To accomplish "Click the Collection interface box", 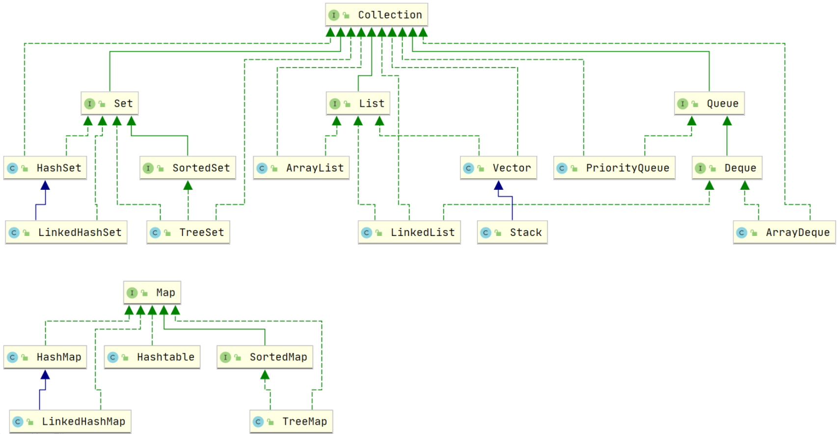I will tap(376, 15).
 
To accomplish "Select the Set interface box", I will tap(109, 103).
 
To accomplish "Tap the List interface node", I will tap(358, 103).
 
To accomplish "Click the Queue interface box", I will tap(709, 103).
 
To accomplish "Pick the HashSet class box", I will tap(45, 168).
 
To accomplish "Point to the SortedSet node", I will tap(188, 168).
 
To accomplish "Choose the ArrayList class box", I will tap(301, 168).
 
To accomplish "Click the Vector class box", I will tap(498, 168).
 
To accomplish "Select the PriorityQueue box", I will tap(614, 168).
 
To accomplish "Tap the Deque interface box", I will tap(727, 168).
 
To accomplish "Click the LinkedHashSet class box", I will tap(66, 232).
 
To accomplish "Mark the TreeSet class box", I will tap(188, 232).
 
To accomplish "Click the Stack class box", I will tap(512, 232).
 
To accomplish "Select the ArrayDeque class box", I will tap(784, 232).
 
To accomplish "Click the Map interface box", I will tap(152, 293).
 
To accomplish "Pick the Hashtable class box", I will tap(152, 357).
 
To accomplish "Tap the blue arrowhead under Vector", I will tap(498, 185).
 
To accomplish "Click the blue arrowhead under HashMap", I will tap(45, 375).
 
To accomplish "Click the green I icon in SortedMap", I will tap(225, 357).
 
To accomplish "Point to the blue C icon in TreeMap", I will tap(258, 422).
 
